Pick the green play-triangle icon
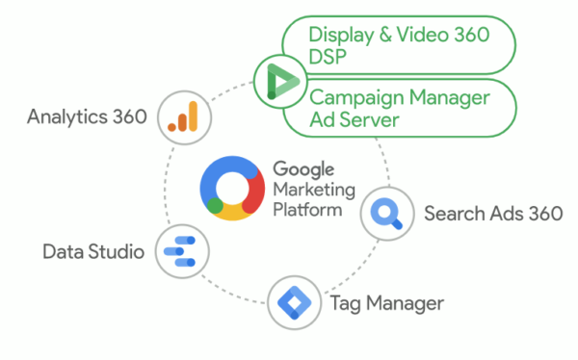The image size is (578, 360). click(x=276, y=80)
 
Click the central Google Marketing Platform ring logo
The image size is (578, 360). click(x=232, y=189)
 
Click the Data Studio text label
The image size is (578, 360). click(x=93, y=252)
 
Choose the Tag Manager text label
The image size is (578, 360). click(x=386, y=304)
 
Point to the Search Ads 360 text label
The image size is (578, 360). click(x=492, y=213)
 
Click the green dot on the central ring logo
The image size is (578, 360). click(x=215, y=205)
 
